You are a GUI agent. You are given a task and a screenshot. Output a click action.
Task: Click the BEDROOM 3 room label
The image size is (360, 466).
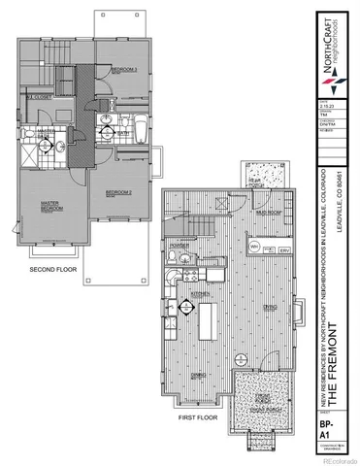pyautogui.click(x=122, y=71)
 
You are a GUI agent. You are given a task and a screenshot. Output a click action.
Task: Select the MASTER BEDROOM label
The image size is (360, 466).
pyautogui.click(x=51, y=208)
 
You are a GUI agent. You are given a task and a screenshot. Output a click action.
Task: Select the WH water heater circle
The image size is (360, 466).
pyautogui.click(x=253, y=248)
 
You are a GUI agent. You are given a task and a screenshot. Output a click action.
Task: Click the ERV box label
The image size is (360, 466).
pyautogui.click(x=285, y=250)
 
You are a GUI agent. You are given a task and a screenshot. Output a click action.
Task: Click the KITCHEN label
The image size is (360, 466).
pyautogui.click(x=200, y=292)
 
